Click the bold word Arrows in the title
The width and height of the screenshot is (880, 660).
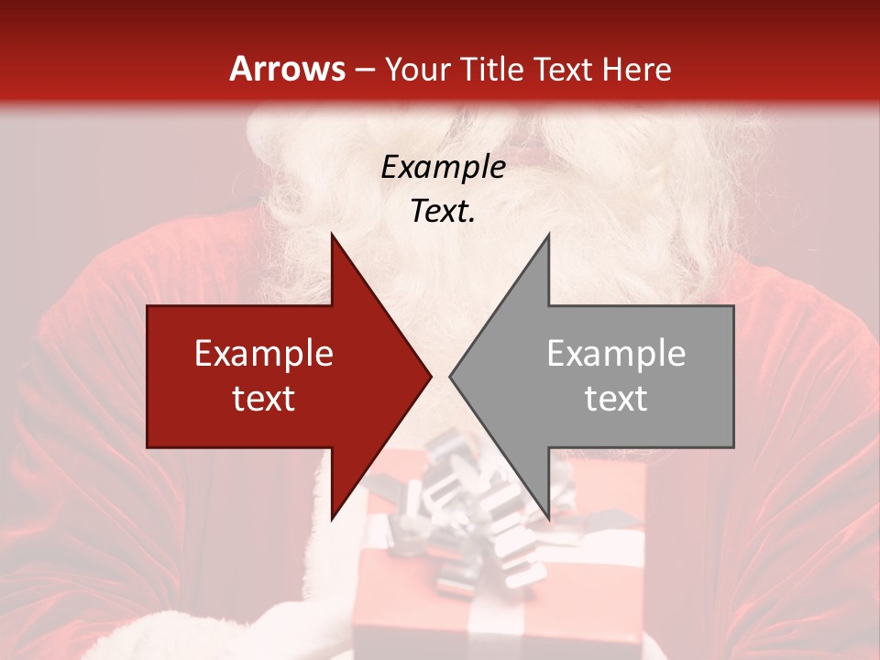tap(288, 69)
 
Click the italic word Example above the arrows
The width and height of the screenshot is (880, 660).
tap(443, 168)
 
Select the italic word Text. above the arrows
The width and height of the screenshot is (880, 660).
tap(443, 212)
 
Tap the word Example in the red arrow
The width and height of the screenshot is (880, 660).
tap(264, 354)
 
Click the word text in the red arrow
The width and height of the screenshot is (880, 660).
tap(264, 399)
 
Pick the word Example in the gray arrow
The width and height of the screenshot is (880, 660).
tap(616, 354)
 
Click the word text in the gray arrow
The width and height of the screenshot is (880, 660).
tap(616, 399)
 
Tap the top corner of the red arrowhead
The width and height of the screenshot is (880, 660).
tap(332, 236)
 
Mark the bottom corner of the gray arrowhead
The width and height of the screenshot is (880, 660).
tap(548, 518)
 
